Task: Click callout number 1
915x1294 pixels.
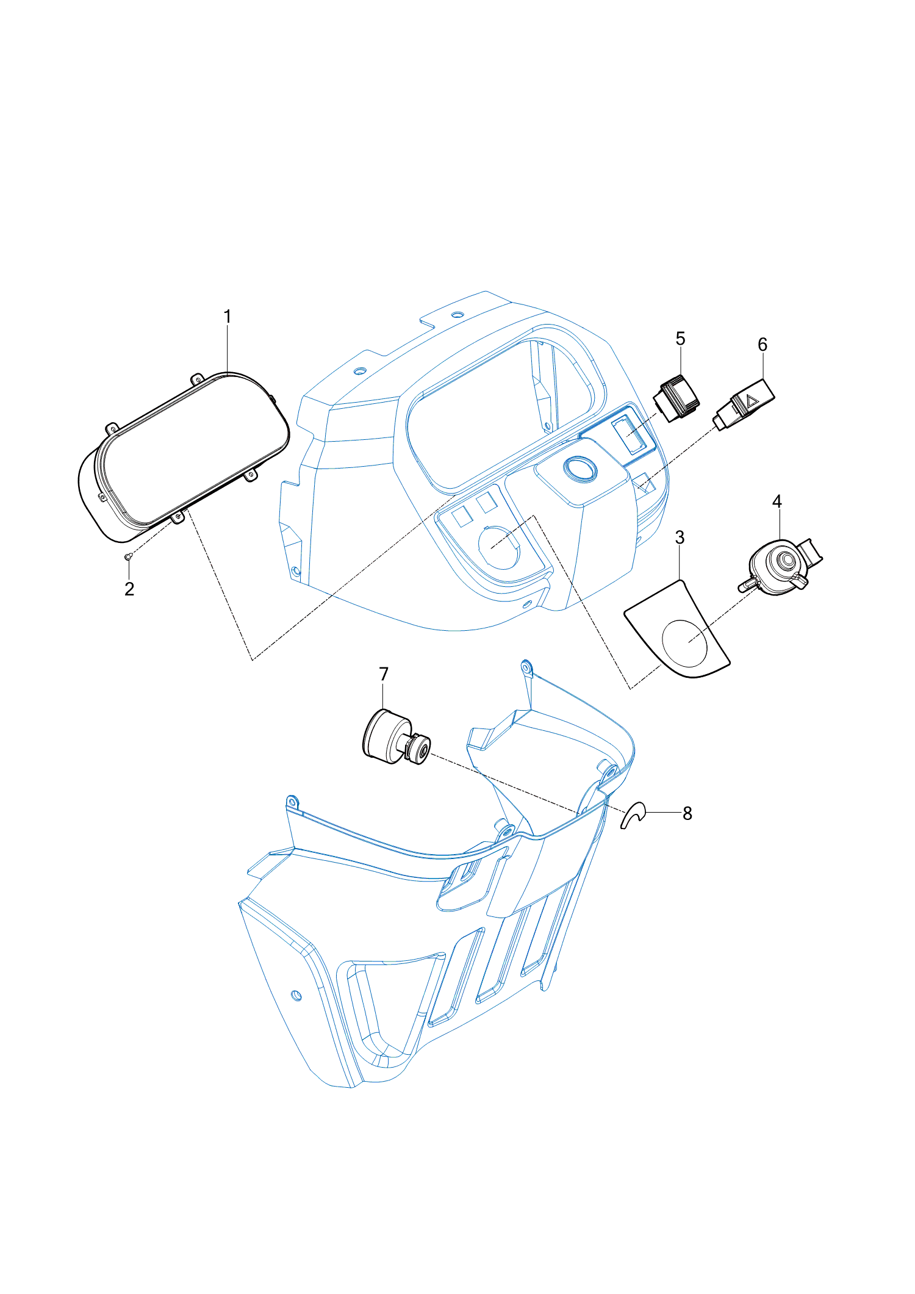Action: click(x=228, y=317)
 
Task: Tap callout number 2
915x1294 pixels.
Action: click(x=129, y=589)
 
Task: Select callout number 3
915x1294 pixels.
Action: click(x=680, y=537)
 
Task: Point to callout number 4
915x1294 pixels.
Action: click(x=777, y=501)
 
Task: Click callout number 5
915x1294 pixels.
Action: click(x=681, y=339)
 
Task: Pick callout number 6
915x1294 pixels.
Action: click(x=762, y=345)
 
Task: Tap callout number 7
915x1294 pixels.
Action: click(x=384, y=674)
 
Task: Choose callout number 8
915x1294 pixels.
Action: click(x=687, y=813)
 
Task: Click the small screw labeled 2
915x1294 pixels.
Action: click(x=127, y=556)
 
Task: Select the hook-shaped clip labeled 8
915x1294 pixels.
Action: click(x=632, y=815)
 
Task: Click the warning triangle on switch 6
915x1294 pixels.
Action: click(x=751, y=401)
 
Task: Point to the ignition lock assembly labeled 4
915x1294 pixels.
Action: click(x=783, y=565)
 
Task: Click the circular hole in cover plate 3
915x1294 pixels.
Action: click(x=685, y=643)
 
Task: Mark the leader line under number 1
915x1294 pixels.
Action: click(x=228, y=349)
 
